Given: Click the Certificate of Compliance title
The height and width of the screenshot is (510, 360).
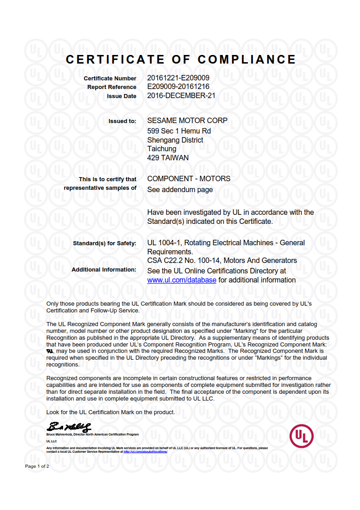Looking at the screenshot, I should coord(181,59).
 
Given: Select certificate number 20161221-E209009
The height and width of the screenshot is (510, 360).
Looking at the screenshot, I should coord(178,78).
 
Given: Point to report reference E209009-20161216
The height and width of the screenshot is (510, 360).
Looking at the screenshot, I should coord(178,87).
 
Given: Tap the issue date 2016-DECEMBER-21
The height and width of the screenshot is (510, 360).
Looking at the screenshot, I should coord(181,96).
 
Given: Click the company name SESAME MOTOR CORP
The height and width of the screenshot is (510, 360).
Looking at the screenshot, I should coord(187,121).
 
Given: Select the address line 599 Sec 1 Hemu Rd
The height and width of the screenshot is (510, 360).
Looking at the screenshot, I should coord(179,131).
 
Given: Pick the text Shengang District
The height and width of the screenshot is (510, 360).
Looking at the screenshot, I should coord(175,140).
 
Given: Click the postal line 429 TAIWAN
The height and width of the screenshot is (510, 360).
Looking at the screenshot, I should coord(168,158).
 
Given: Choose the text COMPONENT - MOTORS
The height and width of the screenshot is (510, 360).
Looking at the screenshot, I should coord(189,178).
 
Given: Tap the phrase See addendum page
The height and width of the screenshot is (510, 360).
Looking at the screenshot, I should coord(180,190).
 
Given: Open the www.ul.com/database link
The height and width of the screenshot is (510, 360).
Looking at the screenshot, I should coord(182,280).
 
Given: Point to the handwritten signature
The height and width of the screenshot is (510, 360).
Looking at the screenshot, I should coord(69,427).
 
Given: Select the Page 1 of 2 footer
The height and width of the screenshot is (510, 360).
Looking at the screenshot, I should coord(37,466).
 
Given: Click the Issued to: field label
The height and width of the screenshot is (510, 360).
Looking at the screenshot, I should coord(122,121).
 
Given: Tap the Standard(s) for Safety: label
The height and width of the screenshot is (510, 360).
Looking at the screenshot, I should coord(104,243).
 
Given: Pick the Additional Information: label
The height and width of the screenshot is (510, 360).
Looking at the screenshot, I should coord(104,270).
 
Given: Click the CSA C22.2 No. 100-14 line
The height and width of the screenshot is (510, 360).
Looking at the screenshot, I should coord(222,261).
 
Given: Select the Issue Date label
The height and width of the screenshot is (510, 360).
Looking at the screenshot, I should coord(121,96).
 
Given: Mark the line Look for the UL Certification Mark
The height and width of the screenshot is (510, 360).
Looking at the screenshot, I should coord(110,412).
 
